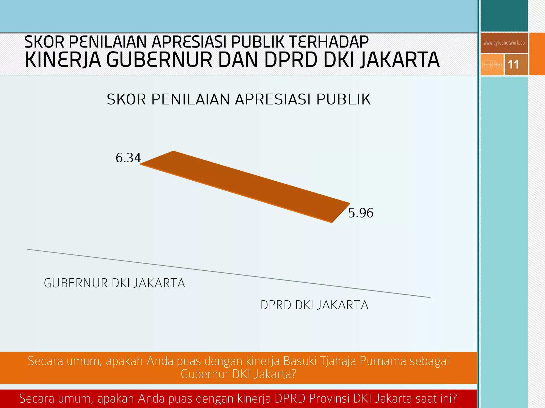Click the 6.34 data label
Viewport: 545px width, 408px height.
128,158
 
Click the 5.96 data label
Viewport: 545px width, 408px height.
361,213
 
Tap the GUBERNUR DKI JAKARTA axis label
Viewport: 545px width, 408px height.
114,283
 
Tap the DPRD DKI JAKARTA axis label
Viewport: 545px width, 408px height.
314,305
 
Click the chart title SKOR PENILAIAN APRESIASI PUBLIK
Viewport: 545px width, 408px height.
239,100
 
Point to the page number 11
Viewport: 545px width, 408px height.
513,65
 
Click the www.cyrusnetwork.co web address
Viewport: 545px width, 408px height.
504,43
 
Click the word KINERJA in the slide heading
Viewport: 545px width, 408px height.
63,60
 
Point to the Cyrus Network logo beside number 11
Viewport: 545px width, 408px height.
492,65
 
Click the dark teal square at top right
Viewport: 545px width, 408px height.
504,15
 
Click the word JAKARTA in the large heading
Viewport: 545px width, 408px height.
400,60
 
